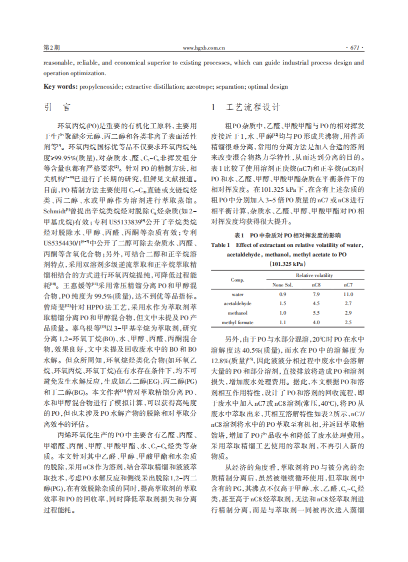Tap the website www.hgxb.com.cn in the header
point(203,48)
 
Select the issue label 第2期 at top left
point(51,48)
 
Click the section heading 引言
point(57,108)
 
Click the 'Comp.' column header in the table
point(237,280)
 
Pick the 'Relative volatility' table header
point(314,275)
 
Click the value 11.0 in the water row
point(348,295)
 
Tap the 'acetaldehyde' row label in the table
point(237,304)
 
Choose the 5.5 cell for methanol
point(316,313)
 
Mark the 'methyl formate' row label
point(237,322)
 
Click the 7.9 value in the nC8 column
point(316,295)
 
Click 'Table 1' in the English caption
point(220,245)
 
